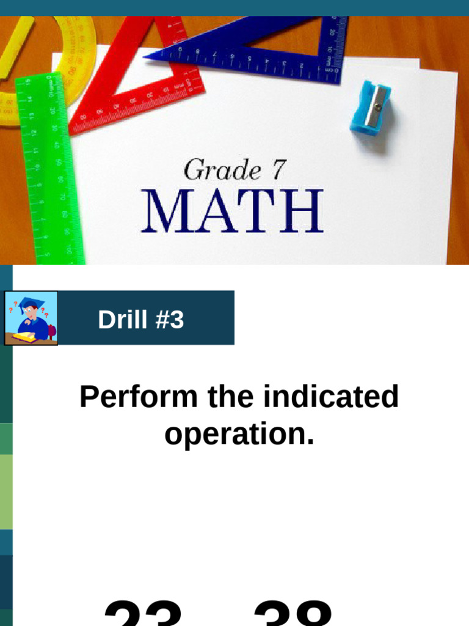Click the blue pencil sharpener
coord(370,107)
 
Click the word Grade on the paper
coord(219,170)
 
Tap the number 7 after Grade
coord(278,169)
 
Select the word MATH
coord(232,210)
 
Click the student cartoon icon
coord(31,319)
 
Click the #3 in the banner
coord(169,319)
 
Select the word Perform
coord(139,397)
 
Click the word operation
coord(239,433)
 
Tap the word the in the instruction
coord(230,397)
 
